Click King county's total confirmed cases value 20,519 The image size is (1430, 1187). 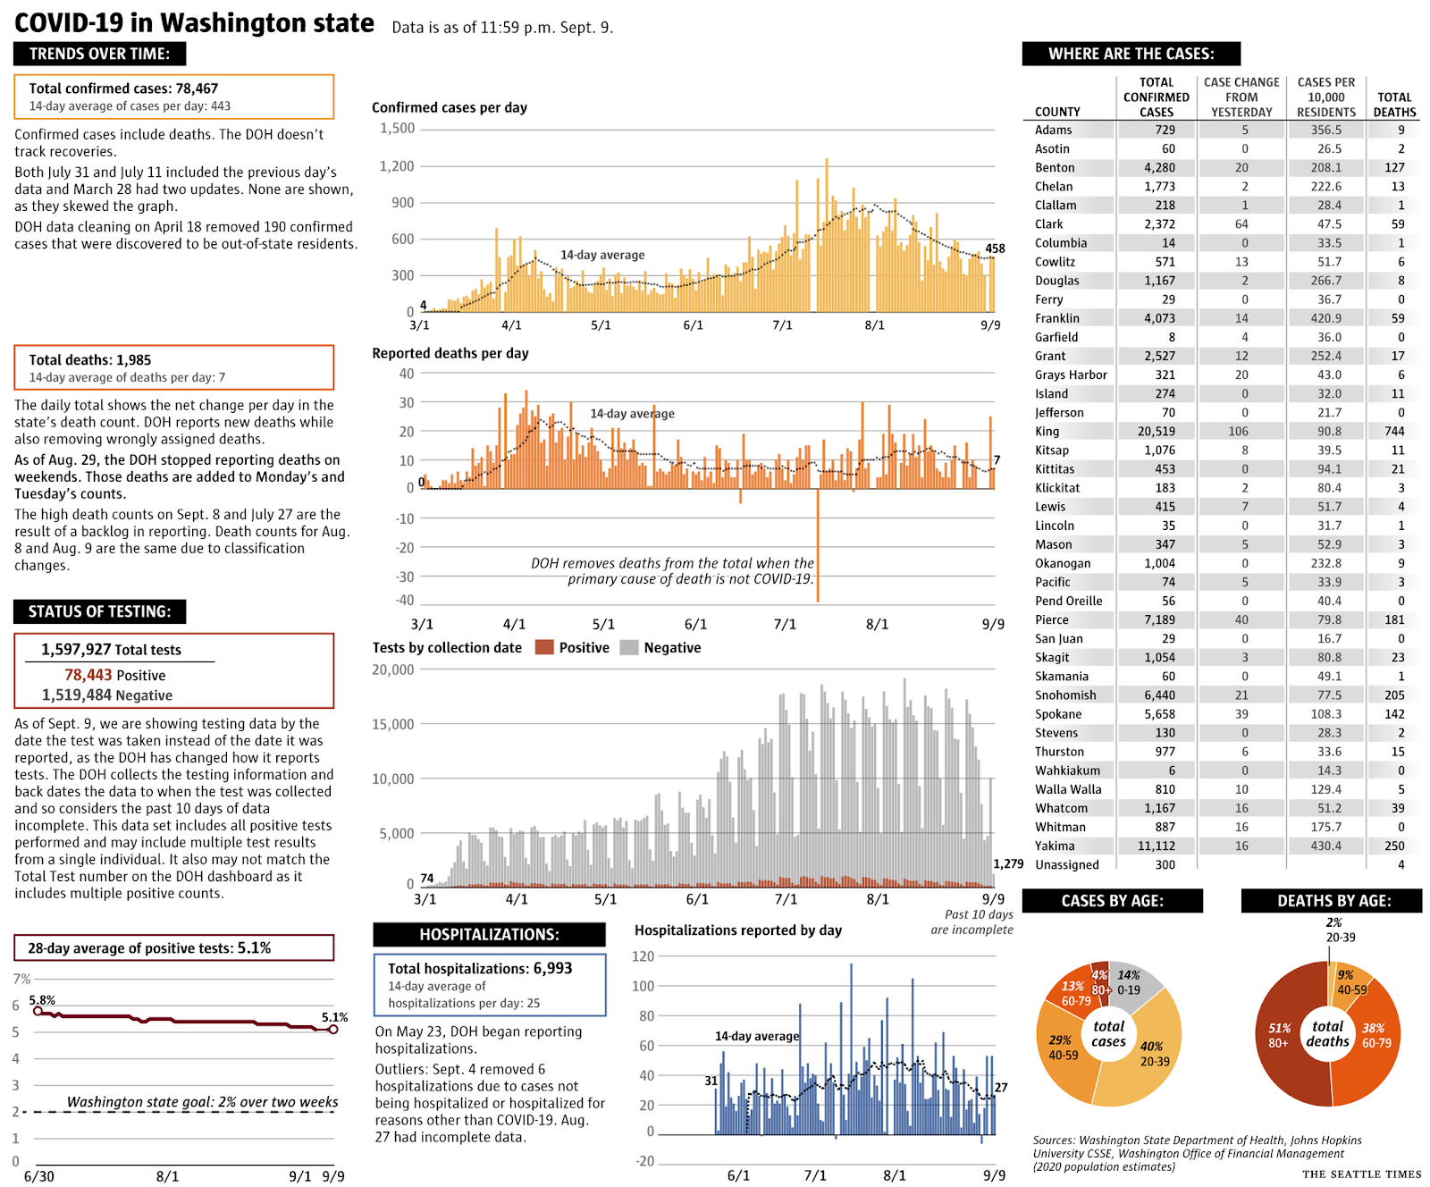(x=1157, y=432)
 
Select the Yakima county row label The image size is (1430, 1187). (x=1055, y=846)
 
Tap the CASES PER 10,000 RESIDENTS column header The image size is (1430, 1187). (x=1326, y=97)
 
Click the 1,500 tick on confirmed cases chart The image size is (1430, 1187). (x=398, y=129)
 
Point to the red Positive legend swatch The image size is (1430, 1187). (x=544, y=648)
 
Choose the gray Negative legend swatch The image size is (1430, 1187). (x=629, y=648)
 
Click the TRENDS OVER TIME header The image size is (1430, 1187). (x=99, y=54)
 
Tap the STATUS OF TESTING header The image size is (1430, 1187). (x=99, y=611)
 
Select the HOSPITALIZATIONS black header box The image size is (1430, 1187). (x=489, y=935)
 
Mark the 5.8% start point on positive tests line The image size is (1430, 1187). (x=38, y=1011)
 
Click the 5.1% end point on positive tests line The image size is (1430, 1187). (x=333, y=1030)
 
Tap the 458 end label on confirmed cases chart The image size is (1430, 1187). (x=995, y=248)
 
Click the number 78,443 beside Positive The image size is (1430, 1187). (x=88, y=676)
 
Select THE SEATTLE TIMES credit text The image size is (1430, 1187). (x=1361, y=1174)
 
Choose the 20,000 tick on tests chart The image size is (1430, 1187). (x=393, y=670)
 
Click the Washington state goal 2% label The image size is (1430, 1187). (x=202, y=1102)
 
